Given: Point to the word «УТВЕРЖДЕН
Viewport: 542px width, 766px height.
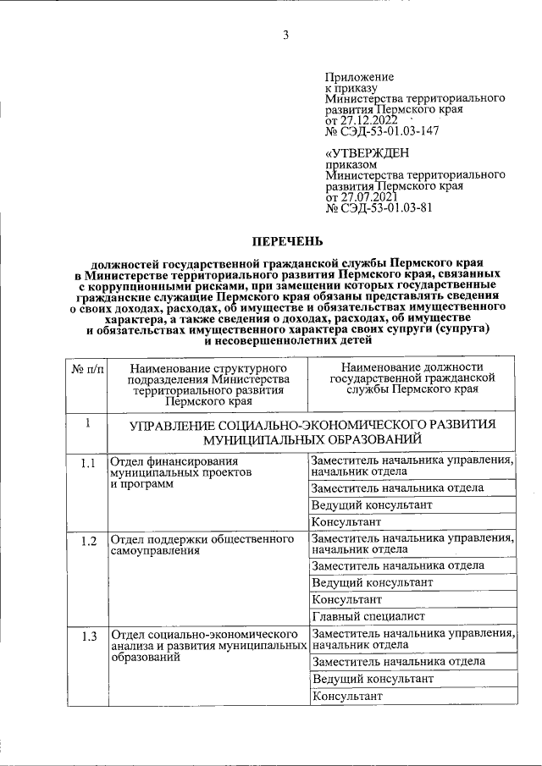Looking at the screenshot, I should click(x=367, y=152).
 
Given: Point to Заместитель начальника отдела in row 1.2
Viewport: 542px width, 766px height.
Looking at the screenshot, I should click(x=398, y=565).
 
